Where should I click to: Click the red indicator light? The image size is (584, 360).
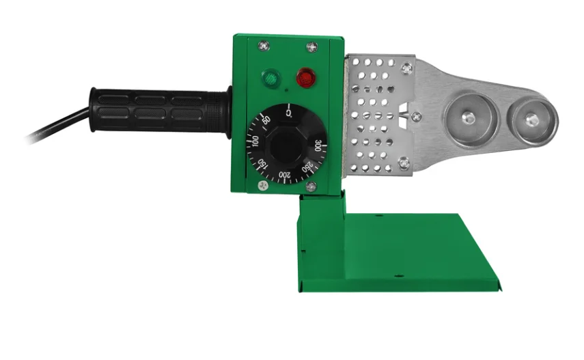tap(306, 78)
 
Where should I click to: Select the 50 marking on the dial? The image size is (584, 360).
tap(266, 120)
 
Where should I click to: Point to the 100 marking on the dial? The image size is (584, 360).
tap(255, 141)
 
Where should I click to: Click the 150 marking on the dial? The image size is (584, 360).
tap(262, 164)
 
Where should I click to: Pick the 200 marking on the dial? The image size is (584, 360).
tap(285, 174)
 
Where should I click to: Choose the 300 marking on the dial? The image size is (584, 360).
tap(318, 146)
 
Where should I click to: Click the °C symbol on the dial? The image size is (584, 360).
tap(289, 113)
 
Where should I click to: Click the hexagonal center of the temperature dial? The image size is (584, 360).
tap(286, 146)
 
